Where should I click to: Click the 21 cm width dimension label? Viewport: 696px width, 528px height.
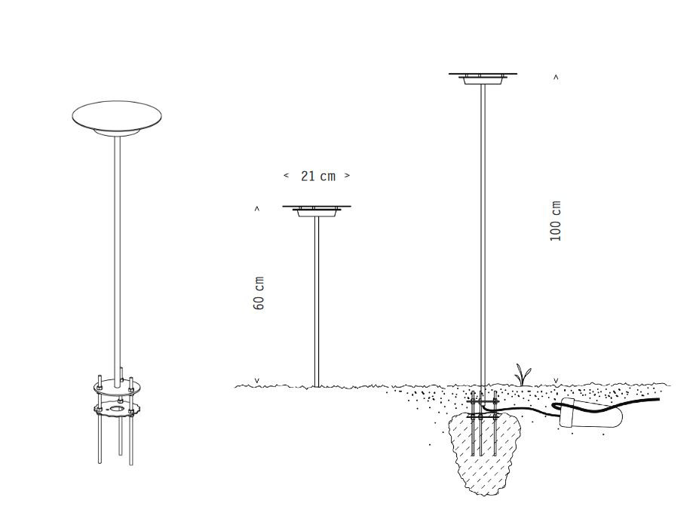pyautogui.click(x=317, y=177)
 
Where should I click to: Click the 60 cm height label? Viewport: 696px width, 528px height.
pyautogui.click(x=259, y=293)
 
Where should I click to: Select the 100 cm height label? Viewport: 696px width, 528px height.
pyautogui.click(x=555, y=221)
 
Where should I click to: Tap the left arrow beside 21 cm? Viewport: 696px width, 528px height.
pyautogui.click(x=286, y=176)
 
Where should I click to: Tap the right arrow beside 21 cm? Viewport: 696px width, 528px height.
pyautogui.click(x=347, y=176)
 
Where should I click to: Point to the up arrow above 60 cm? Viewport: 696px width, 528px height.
pyautogui.click(x=256, y=209)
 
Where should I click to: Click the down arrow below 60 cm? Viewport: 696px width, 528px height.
pyautogui.click(x=256, y=381)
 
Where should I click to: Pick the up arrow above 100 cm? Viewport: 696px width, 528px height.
pyautogui.click(x=556, y=77)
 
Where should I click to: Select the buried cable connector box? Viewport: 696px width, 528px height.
pyautogui.click(x=590, y=413)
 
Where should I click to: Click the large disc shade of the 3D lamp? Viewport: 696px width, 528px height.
pyautogui.click(x=117, y=117)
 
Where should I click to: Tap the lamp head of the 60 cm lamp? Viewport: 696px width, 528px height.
pyautogui.click(x=317, y=211)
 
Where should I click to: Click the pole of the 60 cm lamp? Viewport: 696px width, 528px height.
pyautogui.click(x=317, y=302)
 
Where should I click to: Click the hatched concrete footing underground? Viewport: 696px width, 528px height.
pyautogui.click(x=484, y=453)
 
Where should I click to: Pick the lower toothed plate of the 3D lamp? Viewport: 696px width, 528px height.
pyautogui.click(x=117, y=409)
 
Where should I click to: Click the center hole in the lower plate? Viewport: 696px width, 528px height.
pyautogui.click(x=117, y=408)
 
